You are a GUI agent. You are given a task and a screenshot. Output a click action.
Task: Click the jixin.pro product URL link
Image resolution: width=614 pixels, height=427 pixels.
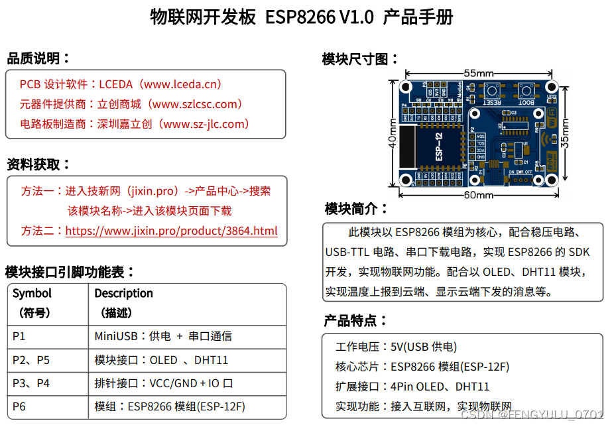point(171,231)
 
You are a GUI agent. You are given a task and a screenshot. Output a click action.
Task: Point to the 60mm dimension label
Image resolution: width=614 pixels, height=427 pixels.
point(478,195)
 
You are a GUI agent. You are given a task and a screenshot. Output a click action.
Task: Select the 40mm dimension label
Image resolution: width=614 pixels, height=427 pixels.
point(393,133)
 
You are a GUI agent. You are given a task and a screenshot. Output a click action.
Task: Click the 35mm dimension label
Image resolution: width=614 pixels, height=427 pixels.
point(565,133)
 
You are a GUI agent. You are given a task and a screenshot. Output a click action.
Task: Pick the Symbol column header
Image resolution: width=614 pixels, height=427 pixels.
point(32,293)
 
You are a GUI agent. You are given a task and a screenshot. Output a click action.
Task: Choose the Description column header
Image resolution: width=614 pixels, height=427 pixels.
point(123,293)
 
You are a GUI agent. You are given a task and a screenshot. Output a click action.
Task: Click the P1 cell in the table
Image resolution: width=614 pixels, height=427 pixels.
point(19,336)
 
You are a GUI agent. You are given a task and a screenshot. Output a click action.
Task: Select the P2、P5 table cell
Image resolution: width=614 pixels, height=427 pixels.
point(31,360)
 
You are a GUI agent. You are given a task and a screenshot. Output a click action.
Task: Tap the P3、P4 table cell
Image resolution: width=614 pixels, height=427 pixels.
point(31,383)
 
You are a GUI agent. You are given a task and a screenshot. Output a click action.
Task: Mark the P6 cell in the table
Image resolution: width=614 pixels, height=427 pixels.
point(19,406)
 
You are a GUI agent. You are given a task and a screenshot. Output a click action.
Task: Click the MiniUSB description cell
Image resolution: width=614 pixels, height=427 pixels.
point(163,336)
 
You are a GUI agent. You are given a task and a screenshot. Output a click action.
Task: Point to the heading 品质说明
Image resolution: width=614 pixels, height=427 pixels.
point(38,58)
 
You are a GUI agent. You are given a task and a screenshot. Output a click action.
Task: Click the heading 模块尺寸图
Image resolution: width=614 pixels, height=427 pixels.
point(361,59)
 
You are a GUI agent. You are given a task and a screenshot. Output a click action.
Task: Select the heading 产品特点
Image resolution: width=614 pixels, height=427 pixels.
point(355,321)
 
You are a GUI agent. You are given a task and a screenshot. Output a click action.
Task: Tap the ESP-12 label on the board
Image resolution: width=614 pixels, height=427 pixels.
point(438,146)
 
